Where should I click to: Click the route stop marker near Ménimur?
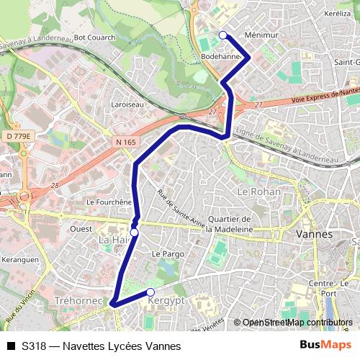point(222,35)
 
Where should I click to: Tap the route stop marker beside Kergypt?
point(150,292)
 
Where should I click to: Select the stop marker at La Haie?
point(134,233)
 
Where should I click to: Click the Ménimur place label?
point(261,35)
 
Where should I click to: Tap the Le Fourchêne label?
point(109,203)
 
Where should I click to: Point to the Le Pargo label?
point(168,254)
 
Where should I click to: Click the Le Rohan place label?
point(257,192)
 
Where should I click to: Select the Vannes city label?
point(314,234)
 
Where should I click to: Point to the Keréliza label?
point(337,14)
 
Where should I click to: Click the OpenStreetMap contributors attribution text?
point(297,323)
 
